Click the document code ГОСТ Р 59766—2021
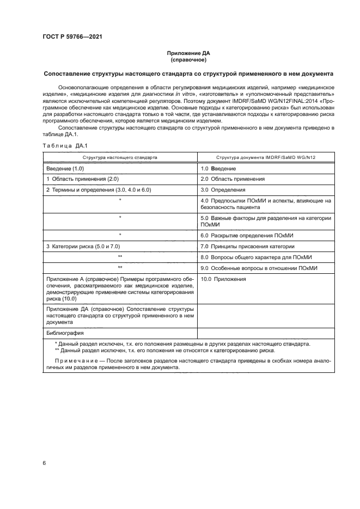tap(72, 36)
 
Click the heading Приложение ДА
tap(188, 53)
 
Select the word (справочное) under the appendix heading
tap(188, 60)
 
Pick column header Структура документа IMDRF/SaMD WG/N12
tap(266, 157)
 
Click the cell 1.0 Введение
tap(218, 168)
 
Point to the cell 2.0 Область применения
tap(233, 179)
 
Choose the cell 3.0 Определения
tap(223, 190)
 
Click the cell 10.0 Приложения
tap(223, 279)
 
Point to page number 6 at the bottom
tap(45, 463)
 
